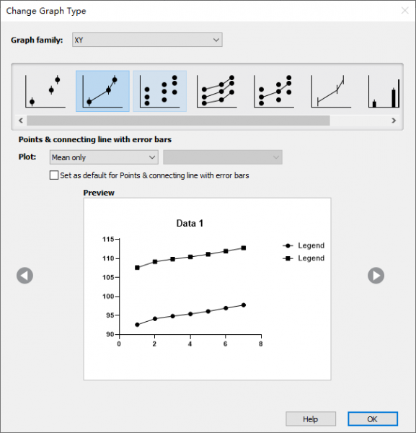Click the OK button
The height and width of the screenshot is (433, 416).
tap(373, 419)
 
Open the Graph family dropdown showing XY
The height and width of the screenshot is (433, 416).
tap(147, 40)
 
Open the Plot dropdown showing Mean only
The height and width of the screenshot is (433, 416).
tap(104, 157)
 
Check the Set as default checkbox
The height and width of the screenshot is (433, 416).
tap(54, 175)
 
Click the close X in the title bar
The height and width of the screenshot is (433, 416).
tap(404, 11)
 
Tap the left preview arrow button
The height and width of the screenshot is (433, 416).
tap(25, 276)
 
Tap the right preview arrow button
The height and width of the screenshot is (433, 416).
tap(376, 276)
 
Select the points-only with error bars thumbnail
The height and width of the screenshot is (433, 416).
tap(45, 91)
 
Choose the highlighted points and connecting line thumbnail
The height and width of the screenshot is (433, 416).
tap(102, 91)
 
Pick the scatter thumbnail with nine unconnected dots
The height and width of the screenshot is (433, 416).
tap(160, 91)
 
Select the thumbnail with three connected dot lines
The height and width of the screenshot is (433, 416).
tap(217, 91)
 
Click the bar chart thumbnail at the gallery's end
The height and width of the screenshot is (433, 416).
tap(384, 91)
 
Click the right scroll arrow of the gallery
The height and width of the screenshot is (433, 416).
tap(394, 121)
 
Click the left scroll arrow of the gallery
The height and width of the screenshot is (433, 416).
tap(21, 121)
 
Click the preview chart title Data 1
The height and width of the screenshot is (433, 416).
tap(190, 223)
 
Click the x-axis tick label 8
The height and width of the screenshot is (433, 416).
tap(261, 344)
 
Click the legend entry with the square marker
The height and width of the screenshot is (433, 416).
tap(304, 258)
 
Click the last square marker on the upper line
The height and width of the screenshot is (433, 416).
tap(243, 248)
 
